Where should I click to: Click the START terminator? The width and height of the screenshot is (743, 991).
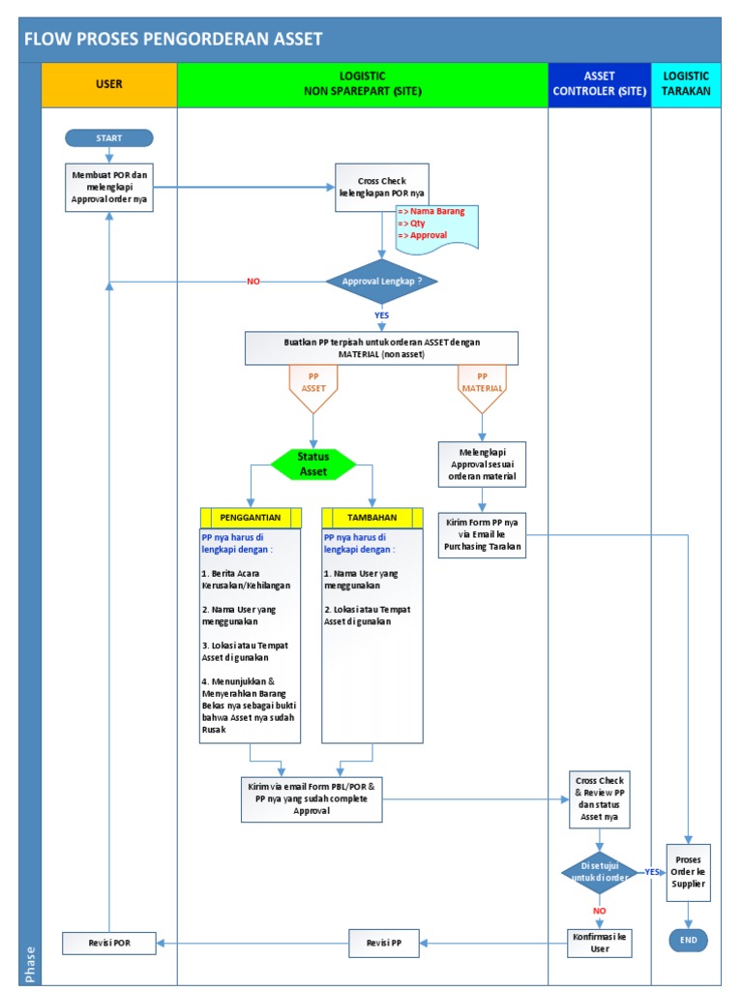[x=108, y=138]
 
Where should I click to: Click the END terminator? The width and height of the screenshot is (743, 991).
[x=688, y=940]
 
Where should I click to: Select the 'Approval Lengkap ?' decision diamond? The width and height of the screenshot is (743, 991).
[x=382, y=282]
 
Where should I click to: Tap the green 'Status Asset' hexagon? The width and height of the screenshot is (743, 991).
[x=313, y=464]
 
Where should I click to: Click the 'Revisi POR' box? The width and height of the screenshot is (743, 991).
[x=108, y=943]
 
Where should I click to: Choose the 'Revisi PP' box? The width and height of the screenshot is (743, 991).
[x=384, y=943]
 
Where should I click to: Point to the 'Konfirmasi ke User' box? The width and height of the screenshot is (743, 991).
[x=600, y=943]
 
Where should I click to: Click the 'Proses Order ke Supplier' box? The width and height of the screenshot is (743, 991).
[x=689, y=872]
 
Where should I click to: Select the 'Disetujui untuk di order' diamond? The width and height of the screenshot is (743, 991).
[x=599, y=871]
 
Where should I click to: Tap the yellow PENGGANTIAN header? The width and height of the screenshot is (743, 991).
[x=251, y=518]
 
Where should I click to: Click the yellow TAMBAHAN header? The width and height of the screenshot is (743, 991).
[x=372, y=518]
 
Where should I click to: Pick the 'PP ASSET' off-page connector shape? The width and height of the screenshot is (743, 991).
[x=312, y=387]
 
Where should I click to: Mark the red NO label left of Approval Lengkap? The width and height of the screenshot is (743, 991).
[x=253, y=282]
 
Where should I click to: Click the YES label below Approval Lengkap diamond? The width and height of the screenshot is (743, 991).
[x=382, y=315]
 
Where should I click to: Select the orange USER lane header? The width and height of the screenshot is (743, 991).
[x=109, y=84]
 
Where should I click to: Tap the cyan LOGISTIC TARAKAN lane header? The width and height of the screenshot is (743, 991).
[x=686, y=84]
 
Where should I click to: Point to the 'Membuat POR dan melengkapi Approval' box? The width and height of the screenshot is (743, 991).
[x=108, y=188]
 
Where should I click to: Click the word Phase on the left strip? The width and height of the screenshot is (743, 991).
[x=30, y=964]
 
